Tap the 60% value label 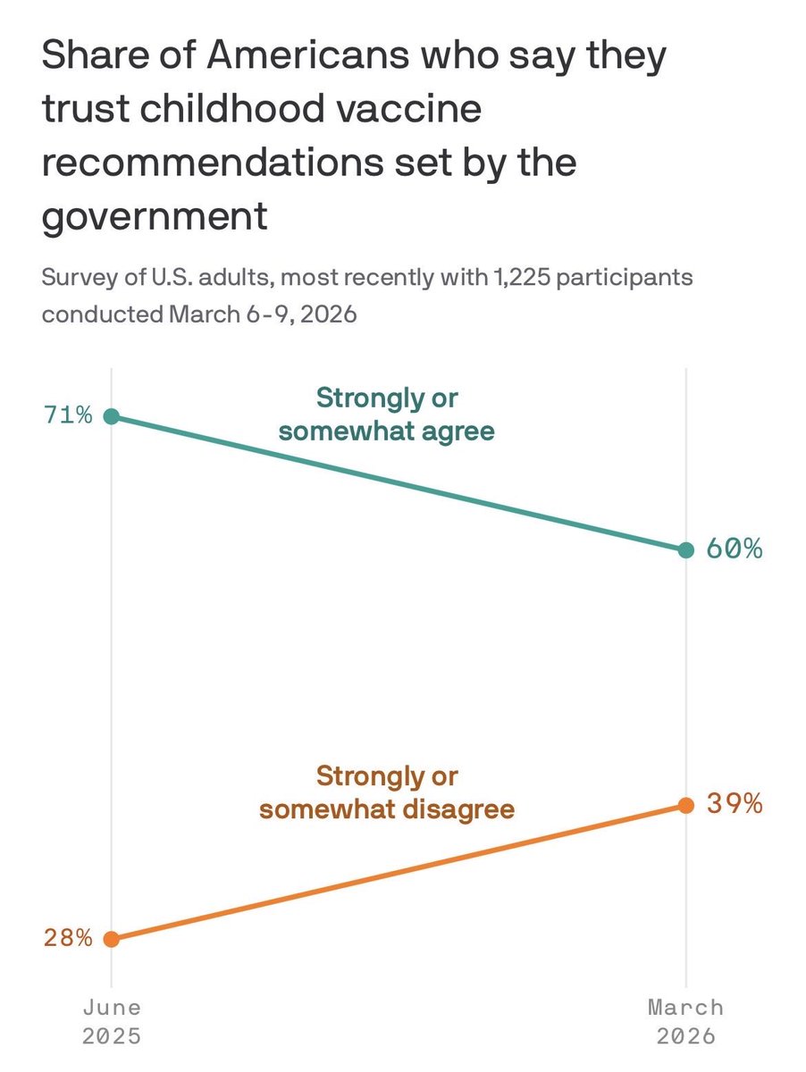pos(734,549)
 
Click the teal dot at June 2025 pos(111,415)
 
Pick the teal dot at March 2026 pos(685,550)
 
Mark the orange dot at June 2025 pos(111,939)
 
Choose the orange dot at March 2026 pos(685,805)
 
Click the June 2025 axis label pos(111,1021)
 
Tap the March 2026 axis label pos(685,1021)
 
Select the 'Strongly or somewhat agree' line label pos(386,414)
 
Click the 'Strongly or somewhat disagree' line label pos(386,792)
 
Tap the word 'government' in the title pos(155,217)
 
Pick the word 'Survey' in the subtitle pos(74,278)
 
